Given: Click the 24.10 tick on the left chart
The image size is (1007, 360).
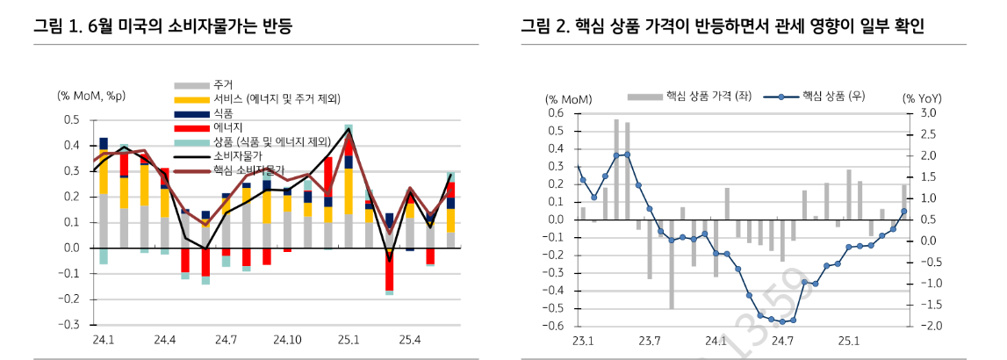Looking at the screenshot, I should tap(287, 339).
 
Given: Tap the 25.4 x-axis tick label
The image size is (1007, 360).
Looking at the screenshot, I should tap(410, 339).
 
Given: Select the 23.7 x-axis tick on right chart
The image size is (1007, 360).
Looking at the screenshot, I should tap(649, 340).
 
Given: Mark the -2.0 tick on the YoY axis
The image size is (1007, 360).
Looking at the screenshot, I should tap(925, 326).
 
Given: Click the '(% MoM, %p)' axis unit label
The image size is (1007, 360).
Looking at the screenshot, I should tap(92, 96).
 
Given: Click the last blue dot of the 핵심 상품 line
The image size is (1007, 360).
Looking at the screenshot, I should tap(903, 212).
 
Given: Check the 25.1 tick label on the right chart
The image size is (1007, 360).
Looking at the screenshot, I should tap(847, 340).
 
